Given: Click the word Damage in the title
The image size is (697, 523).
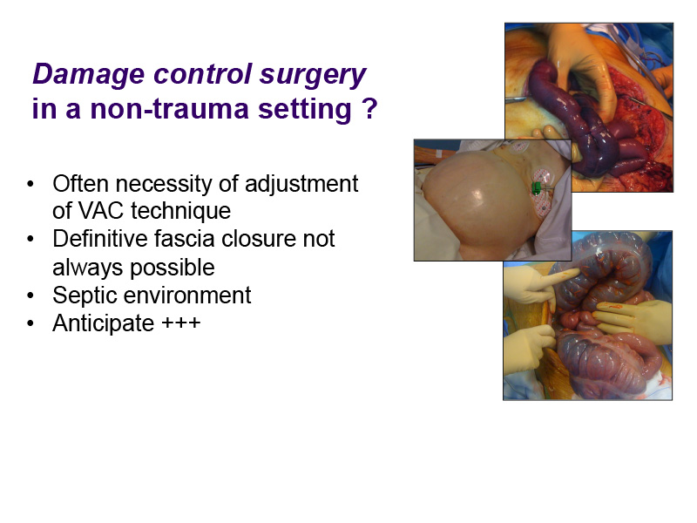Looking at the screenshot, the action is tap(89, 74).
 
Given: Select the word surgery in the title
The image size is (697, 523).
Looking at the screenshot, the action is tap(313, 74).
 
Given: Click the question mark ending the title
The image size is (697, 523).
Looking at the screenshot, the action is tap(369, 108).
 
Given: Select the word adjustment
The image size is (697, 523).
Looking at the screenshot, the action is tap(301, 184).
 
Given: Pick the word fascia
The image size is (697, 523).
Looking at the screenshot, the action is tap(185, 238).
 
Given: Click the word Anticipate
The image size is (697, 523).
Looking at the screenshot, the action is tap(104, 323).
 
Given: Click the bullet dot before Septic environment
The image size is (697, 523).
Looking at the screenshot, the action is tap(30, 295).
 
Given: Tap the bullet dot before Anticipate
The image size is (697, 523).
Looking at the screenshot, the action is tap(30, 323).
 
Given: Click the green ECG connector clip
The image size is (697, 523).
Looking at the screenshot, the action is tap(537, 188).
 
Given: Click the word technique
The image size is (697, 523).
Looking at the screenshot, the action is tap(180, 211).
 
